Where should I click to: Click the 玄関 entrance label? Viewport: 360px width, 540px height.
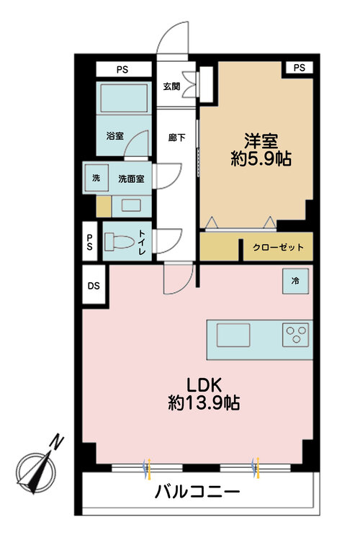pos(171,87)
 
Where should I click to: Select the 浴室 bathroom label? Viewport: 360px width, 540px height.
pos(114,135)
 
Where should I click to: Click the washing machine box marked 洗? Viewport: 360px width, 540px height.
pos(96,179)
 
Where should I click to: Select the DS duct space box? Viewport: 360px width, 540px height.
pos(94,285)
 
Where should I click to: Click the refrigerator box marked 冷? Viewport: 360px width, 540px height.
pos(295,281)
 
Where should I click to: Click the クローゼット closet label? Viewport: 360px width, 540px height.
pos(278,248)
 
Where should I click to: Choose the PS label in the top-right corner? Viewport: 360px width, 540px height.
pos(300,68)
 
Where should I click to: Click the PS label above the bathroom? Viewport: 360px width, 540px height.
pos(124,70)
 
